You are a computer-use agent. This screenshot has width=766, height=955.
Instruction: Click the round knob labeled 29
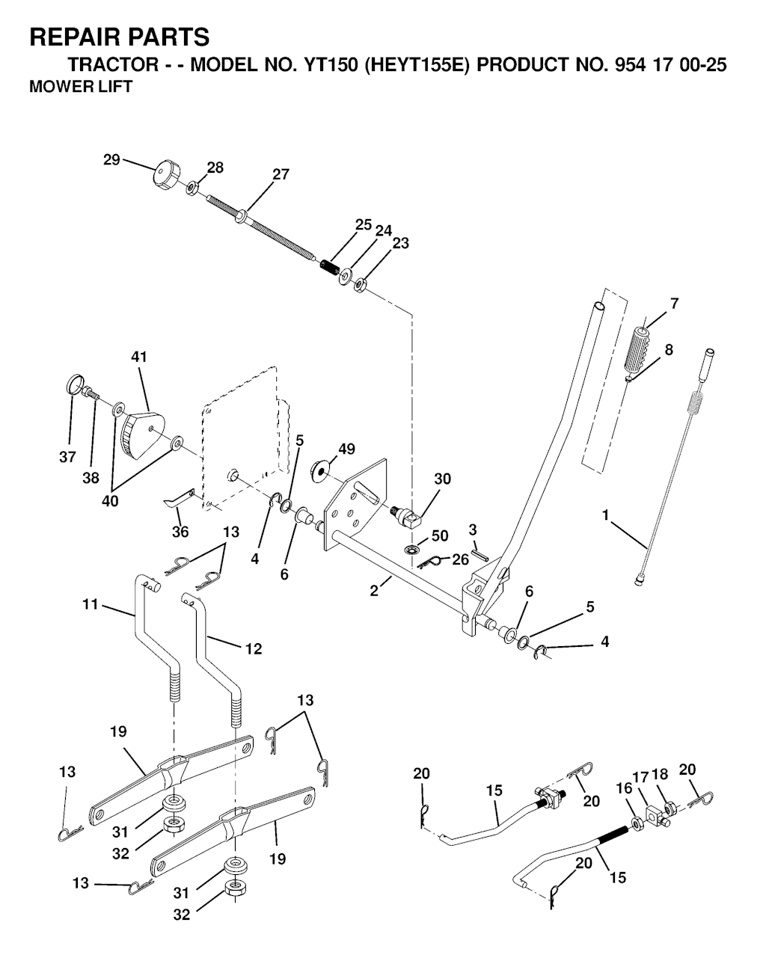click(x=167, y=176)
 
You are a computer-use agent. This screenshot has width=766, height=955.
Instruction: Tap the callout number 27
click(x=281, y=174)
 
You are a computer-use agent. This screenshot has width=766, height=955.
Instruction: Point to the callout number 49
click(x=347, y=449)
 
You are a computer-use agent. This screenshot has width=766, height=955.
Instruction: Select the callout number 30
click(x=442, y=479)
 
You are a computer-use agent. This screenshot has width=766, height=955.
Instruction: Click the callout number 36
click(x=180, y=532)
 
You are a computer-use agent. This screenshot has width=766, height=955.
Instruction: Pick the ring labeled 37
click(x=76, y=384)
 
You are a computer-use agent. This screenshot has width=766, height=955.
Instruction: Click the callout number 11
click(x=91, y=604)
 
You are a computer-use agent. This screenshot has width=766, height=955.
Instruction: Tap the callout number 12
click(x=254, y=649)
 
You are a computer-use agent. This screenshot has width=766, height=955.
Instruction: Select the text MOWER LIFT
click(x=81, y=87)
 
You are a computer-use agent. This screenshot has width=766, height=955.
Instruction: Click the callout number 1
click(x=605, y=515)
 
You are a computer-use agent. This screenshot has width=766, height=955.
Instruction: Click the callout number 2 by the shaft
click(x=374, y=591)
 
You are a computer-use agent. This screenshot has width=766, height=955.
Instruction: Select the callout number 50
click(x=440, y=535)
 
